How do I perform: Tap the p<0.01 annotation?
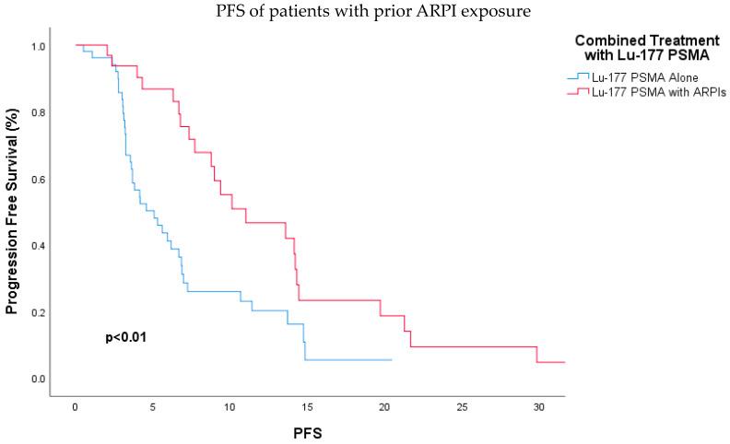tap(126, 338)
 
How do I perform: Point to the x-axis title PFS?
tap(306, 431)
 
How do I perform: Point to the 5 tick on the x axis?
tap(152, 407)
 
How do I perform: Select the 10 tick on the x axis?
tap(230, 407)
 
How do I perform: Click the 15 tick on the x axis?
tap(307, 407)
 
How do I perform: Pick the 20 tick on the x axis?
tap(384, 407)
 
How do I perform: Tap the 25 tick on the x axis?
tap(462, 407)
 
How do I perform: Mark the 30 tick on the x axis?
tap(539, 407)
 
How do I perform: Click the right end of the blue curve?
tap(392, 360)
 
